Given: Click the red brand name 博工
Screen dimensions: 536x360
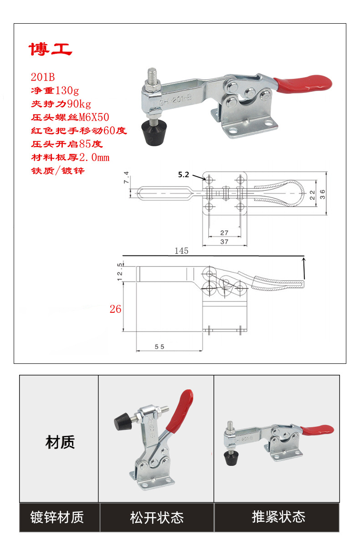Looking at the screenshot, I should coord(51,49).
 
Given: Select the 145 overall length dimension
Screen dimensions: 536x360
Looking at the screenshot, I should coord(181,251).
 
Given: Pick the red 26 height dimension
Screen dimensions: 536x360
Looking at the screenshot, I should coord(115,309).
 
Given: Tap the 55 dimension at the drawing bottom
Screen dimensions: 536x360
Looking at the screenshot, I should coord(159,347).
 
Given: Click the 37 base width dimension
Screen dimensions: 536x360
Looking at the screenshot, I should coord(224,242).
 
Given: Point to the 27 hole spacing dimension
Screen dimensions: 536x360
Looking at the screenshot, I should coord(224,233).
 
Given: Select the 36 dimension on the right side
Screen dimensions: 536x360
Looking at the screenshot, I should coord(322,194).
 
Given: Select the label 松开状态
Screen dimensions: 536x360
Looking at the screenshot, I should coord(156,518).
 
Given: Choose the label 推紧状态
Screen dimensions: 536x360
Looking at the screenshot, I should coord(278,517).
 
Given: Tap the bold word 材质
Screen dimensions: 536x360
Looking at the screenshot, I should coord(60,442).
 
